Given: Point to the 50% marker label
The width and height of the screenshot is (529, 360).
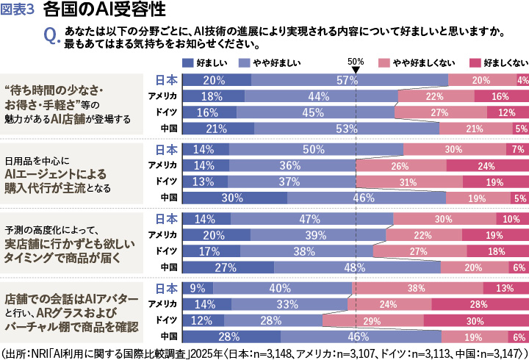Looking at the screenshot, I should [356, 62].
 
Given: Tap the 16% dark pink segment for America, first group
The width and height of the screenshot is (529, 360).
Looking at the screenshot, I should [500, 96].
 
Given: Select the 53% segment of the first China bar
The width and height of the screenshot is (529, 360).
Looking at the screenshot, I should [346, 129].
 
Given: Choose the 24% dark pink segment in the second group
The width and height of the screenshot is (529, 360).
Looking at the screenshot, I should [486, 165].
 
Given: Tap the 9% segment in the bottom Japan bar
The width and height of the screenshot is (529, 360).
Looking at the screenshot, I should [197, 288].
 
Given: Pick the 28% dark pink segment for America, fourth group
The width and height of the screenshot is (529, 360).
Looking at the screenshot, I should [479, 304].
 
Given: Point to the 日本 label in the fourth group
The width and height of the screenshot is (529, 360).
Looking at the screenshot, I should [166, 287].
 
